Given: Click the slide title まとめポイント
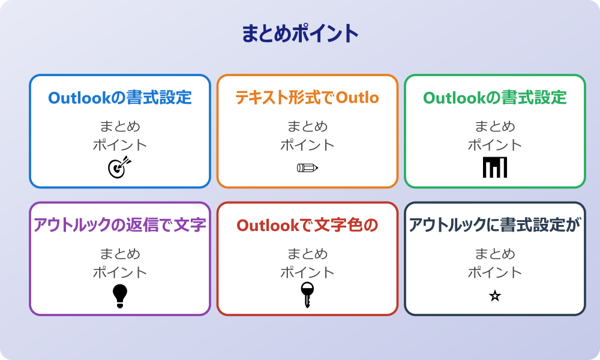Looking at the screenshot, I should pyautogui.click(x=300, y=34).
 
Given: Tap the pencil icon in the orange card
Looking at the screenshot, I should pyautogui.click(x=307, y=167).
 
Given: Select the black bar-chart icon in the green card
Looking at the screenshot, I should pyautogui.click(x=495, y=167).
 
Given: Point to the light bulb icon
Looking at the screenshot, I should pyautogui.click(x=120, y=295).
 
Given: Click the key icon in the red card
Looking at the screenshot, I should pyautogui.click(x=307, y=295).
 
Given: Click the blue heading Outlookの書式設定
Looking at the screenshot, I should pyautogui.click(x=120, y=97).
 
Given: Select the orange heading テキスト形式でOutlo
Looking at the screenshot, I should pyautogui.click(x=307, y=97).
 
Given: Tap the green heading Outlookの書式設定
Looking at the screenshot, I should pyautogui.click(x=495, y=97).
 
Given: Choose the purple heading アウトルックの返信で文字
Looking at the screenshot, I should pyautogui.click(x=120, y=225).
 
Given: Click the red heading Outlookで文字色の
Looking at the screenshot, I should pyautogui.click(x=307, y=225).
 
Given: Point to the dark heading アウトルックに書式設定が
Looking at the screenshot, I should pyautogui.click(x=495, y=225).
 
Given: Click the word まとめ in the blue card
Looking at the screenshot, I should pyautogui.click(x=120, y=127).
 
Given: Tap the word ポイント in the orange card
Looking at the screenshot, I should pyautogui.click(x=307, y=145).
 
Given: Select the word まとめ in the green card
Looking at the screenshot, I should pyautogui.click(x=495, y=127).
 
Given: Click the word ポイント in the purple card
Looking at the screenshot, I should pyautogui.click(x=120, y=272).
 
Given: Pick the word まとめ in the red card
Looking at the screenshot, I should pyautogui.click(x=307, y=254).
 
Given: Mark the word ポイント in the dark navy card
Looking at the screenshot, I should pyautogui.click(x=495, y=272).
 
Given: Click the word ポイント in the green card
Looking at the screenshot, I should pyautogui.click(x=495, y=145).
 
